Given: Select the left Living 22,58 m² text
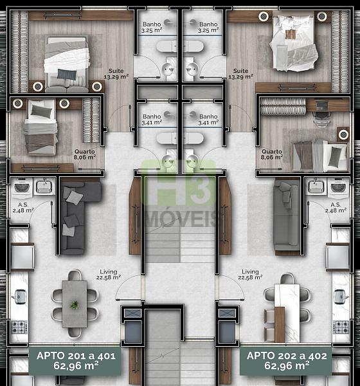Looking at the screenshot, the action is pyautogui.click(x=109, y=275).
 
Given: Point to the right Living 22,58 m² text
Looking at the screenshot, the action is pyautogui.click(x=250, y=275).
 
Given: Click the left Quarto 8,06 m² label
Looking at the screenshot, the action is pyautogui.click(x=85, y=154).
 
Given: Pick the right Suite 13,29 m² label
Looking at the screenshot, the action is pyautogui.click(x=240, y=74).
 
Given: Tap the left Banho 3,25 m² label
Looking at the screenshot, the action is pyautogui.click(x=152, y=27).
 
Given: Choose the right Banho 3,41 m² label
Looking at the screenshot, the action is pyautogui.click(x=208, y=120).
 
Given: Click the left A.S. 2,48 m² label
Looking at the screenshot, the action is pyautogui.click(x=23, y=208).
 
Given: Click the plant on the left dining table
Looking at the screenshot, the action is pyautogui.click(x=74, y=305).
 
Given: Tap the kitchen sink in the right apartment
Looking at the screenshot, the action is pyautogui.click(x=341, y=297).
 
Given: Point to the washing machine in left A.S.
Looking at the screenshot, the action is pyautogui.click(x=22, y=188).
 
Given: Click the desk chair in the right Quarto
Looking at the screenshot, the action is pyautogui.click(x=321, y=119).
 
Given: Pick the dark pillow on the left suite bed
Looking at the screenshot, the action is pyautogui.click(x=67, y=74).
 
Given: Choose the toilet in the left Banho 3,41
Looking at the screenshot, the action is pyautogui.click(x=166, y=138).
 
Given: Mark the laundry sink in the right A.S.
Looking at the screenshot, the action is pyautogui.click(x=316, y=187).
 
